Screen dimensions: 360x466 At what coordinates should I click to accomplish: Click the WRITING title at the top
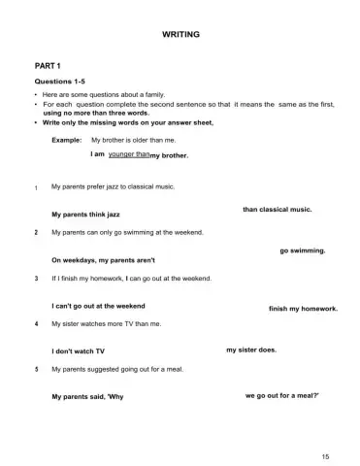click(x=180, y=34)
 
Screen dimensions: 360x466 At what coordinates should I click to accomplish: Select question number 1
click(x=36, y=185)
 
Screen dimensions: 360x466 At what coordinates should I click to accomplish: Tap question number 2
click(x=36, y=233)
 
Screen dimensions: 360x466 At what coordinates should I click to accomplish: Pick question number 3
click(x=36, y=278)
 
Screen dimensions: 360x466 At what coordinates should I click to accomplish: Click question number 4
click(x=36, y=323)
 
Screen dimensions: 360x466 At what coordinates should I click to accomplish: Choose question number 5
click(x=36, y=369)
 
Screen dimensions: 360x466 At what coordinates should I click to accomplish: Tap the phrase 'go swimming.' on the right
click(x=302, y=250)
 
